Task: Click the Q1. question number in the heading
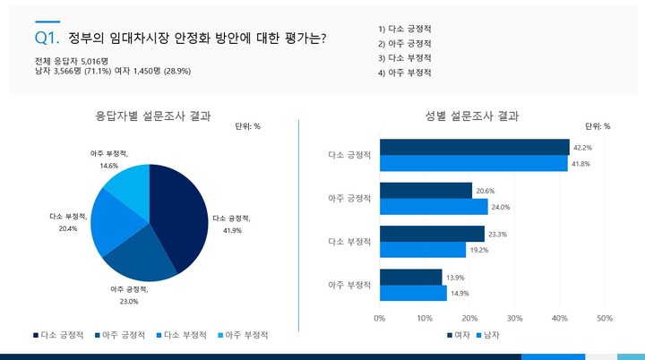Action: (x=47, y=38)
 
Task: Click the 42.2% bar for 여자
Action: (x=474, y=147)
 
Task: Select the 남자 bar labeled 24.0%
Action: (x=434, y=207)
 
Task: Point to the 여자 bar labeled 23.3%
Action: (x=432, y=234)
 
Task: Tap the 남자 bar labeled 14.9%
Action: (x=413, y=293)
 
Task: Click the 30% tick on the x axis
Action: (x=514, y=318)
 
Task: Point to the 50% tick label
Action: (x=604, y=318)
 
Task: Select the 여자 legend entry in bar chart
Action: (x=460, y=336)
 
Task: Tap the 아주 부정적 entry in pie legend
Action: (x=243, y=335)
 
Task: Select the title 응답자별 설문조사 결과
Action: (x=153, y=116)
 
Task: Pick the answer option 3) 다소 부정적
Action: (x=405, y=57)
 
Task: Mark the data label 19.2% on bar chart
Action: (x=479, y=251)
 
